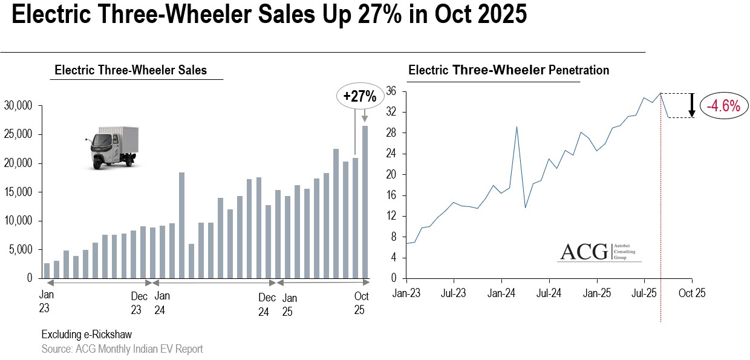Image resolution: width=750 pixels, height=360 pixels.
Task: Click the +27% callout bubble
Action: click(x=359, y=96)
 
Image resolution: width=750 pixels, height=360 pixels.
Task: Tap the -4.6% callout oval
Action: click(x=723, y=106)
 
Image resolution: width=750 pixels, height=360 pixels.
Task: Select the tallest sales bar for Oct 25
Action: click(x=365, y=202)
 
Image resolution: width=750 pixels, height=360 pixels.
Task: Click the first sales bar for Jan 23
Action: click(x=47, y=270)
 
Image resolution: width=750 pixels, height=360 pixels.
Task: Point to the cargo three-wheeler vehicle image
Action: click(x=112, y=148)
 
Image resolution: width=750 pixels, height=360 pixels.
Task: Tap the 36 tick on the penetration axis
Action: click(x=391, y=91)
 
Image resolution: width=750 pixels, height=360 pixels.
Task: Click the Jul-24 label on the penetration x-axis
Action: click(x=549, y=293)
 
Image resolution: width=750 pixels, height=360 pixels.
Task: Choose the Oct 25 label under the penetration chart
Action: click(x=691, y=293)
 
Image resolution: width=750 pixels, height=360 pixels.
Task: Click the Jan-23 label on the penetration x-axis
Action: click(x=406, y=293)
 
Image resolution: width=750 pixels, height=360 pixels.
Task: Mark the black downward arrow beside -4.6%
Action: click(x=691, y=105)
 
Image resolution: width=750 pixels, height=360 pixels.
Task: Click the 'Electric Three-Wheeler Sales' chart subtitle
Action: click(x=131, y=70)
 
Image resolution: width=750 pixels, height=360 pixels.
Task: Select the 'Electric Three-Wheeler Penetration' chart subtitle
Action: click(x=509, y=70)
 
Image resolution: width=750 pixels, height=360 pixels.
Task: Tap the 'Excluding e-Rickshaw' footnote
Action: click(x=86, y=335)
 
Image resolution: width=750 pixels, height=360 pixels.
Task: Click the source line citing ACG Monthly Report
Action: click(x=122, y=349)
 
